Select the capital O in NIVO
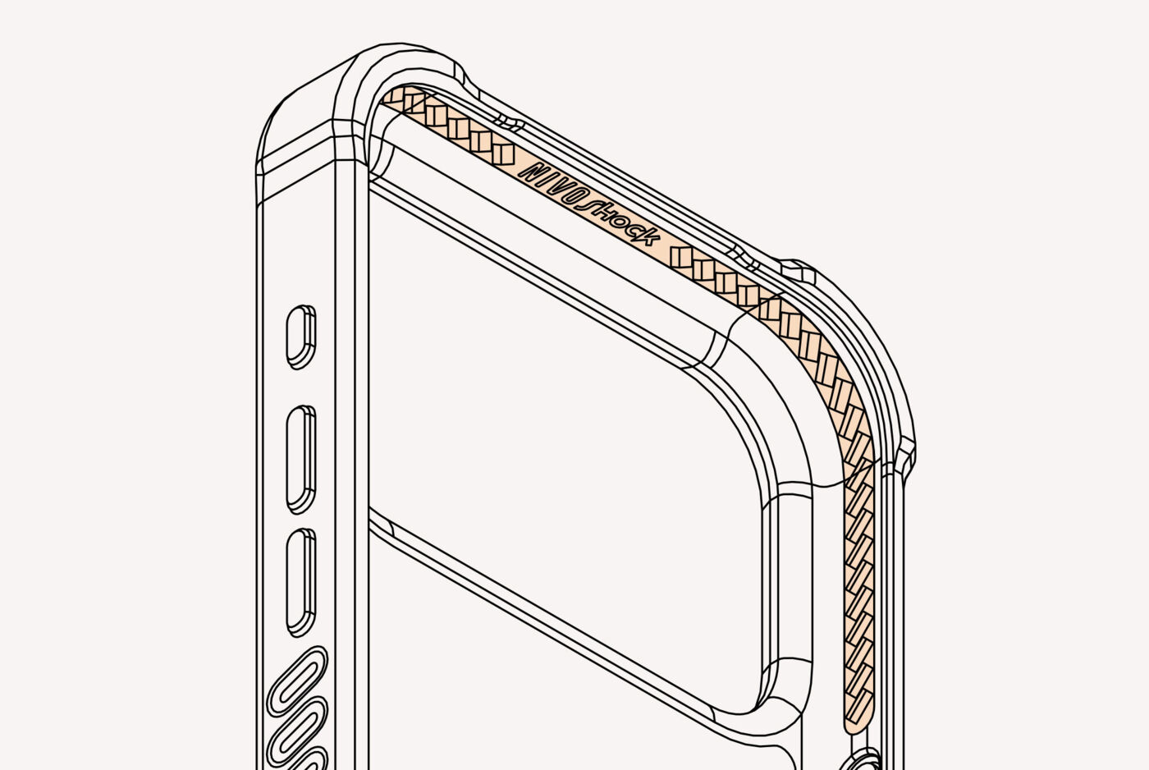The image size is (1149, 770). coord(571,197)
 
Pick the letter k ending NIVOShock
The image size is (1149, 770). coord(648,237)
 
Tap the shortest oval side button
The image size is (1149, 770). coord(301,337)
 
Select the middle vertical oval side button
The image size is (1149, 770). coord(301,459)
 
